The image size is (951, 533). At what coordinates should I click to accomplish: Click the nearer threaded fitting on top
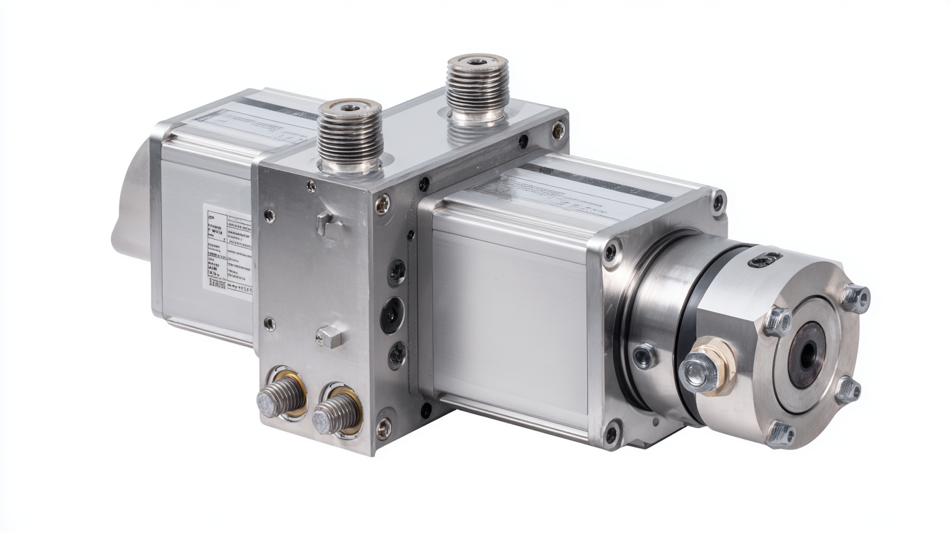click(349, 134)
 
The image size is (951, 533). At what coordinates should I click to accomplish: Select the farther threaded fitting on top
click(477, 88)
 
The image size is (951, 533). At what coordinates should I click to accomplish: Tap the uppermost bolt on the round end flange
click(854, 298)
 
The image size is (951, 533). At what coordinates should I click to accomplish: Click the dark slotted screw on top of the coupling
click(766, 261)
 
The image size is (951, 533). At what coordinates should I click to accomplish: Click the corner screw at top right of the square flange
click(718, 202)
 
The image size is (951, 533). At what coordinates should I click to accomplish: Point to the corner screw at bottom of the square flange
click(611, 432)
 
